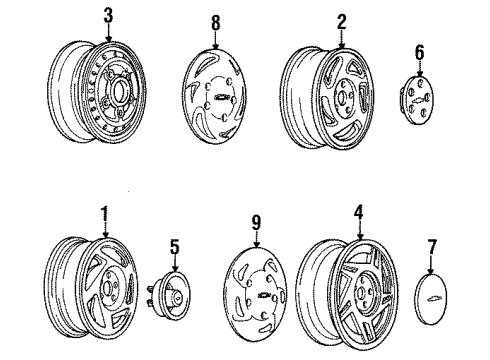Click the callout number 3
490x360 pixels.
click(108, 15)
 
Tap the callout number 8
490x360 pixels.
click(216, 23)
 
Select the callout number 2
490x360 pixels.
click(341, 21)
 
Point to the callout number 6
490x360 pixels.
click(419, 52)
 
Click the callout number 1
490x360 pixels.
click(105, 214)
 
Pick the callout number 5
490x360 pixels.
click(175, 247)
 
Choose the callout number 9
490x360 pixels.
click(256, 222)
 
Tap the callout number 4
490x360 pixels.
click(358, 213)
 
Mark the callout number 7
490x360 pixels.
click(432, 247)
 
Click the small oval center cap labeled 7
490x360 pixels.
click(431, 299)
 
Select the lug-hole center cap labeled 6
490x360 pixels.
click(416, 100)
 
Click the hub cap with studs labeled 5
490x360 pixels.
click(168, 294)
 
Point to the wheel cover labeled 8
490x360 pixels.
click(215, 96)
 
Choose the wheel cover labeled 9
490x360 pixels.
click(256, 294)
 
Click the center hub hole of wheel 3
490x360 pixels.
click(119, 91)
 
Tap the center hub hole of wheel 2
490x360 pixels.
click(341, 97)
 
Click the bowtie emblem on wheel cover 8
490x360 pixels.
click(220, 97)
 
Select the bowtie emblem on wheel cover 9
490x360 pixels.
click(265, 295)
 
